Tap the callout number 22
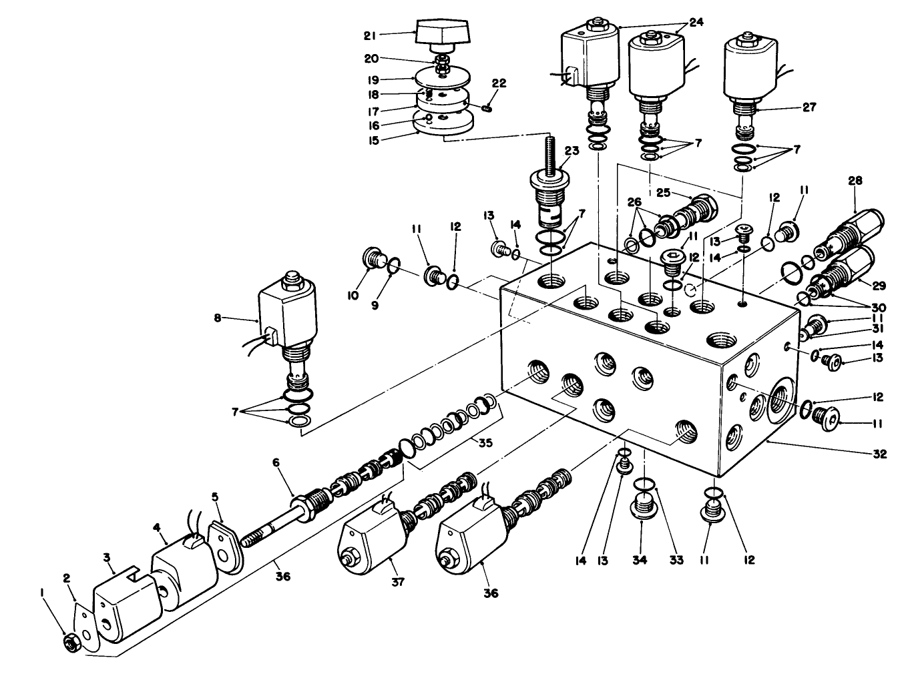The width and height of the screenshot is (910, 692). click(x=499, y=83)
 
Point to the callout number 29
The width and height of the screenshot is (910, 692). click(x=879, y=286)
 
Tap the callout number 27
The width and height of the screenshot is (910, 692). click(x=809, y=107)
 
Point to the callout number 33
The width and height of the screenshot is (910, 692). click(x=676, y=560)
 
